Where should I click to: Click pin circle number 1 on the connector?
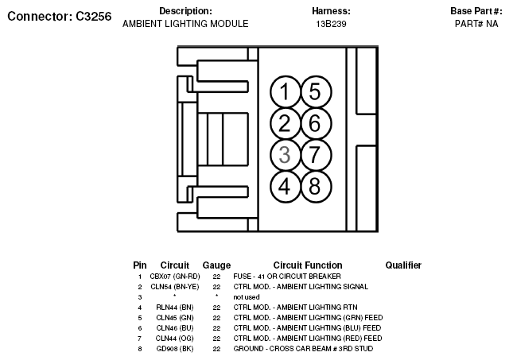pyautogui.click(x=285, y=92)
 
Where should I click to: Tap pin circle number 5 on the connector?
pyautogui.click(x=315, y=92)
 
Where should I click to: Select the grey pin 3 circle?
pyautogui.click(x=285, y=154)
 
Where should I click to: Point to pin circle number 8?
pyautogui.click(x=315, y=186)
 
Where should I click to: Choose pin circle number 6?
pyautogui.click(x=315, y=123)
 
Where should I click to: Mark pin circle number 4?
pyautogui.click(x=285, y=186)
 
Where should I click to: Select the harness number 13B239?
pyautogui.click(x=331, y=24)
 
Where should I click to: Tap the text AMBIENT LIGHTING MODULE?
pyautogui.click(x=185, y=24)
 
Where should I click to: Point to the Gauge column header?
pyautogui.click(x=216, y=265)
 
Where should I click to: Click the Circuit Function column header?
pyautogui.click(x=308, y=265)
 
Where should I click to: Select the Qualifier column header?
pyautogui.click(x=403, y=265)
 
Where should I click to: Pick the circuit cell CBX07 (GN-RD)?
pyautogui.click(x=174, y=276)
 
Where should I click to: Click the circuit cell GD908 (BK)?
pyautogui.click(x=174, y=348)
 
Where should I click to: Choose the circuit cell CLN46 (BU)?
pyautogui.click(x=174, y=327)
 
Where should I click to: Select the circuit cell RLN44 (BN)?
pyautogui.click(x=174, y=307)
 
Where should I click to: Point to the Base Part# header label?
pyautogui.click(x=476, y=11)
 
